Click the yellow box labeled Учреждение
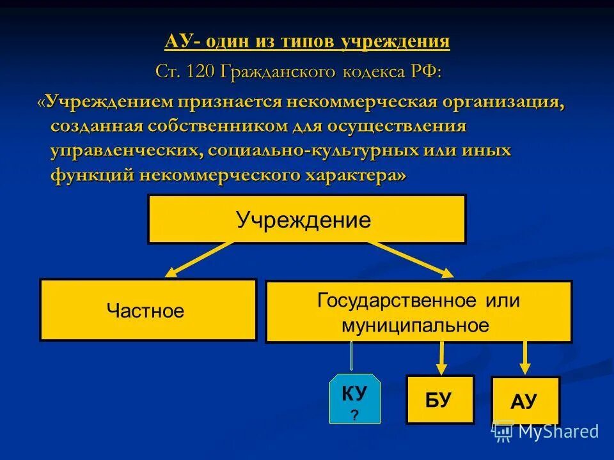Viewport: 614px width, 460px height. click(x=306, y=219)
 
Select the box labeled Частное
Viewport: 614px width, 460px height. click(x=148, y=310)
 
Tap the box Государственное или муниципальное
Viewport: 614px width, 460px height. click(x=418, y=312)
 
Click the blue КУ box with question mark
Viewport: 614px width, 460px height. click(x=354, y=400)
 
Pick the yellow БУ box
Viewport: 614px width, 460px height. click(x=439, y=400)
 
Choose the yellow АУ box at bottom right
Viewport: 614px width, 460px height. click(x=525, y=401)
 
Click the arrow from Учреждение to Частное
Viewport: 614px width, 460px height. click(x=198, y=259)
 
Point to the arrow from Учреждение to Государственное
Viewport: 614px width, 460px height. click(x=409, y=259)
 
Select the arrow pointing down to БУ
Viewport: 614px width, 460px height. click(x=441, y=358)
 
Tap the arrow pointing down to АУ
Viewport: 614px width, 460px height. click(x=524, y=358)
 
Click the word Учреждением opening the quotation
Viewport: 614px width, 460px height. click(x=109, y=102)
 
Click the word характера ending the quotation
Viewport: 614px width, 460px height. click(x=345, y=176)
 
